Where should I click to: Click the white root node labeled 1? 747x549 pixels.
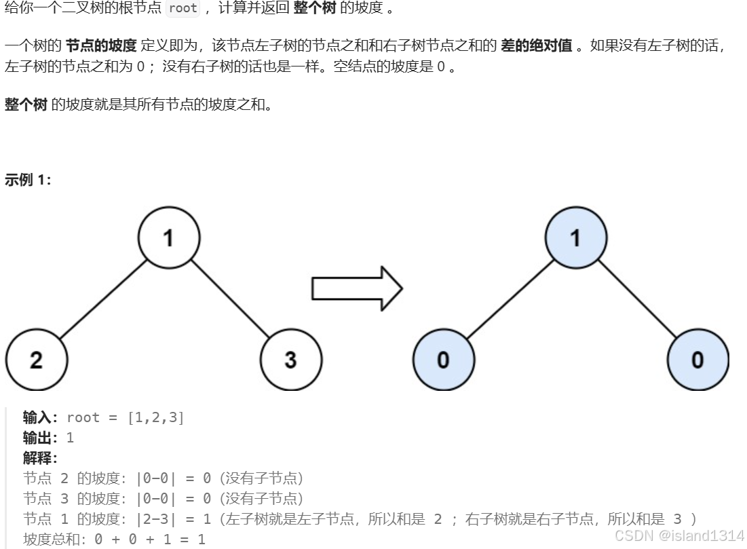click(x=169, y=238)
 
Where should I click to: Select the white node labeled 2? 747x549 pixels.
click(x=37, y=360)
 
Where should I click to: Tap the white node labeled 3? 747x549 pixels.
click(x=291, y=360)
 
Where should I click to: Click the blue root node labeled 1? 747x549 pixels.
click(x=576, y=238)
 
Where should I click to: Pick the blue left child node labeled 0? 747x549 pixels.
click(x=444, y=360)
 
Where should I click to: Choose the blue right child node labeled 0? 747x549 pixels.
click(x=698, y=360)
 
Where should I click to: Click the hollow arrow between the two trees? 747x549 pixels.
click(x=358, y=289)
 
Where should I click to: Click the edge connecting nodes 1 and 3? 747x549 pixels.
click(x=230, y=299)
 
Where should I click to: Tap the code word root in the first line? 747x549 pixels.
click(x=183, y=8)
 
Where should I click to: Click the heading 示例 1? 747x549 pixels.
click(x=28, y=180)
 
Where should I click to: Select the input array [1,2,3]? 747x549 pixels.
click(x=156, y=417)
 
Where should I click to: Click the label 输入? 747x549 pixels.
click(x=40, y=417)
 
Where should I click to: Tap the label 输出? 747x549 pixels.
click(x=40, y=438)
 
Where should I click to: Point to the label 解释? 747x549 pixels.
click(x=40, y=458)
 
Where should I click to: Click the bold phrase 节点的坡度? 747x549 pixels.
click(x=101, y=45)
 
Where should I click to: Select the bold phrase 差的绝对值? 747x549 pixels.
click(x=537, y=45)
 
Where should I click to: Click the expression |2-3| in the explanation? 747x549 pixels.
click(x=156, y=518)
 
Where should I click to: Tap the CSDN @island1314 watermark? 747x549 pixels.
click(x=679, y=535)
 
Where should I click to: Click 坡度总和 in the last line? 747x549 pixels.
click(x=52, y=539)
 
